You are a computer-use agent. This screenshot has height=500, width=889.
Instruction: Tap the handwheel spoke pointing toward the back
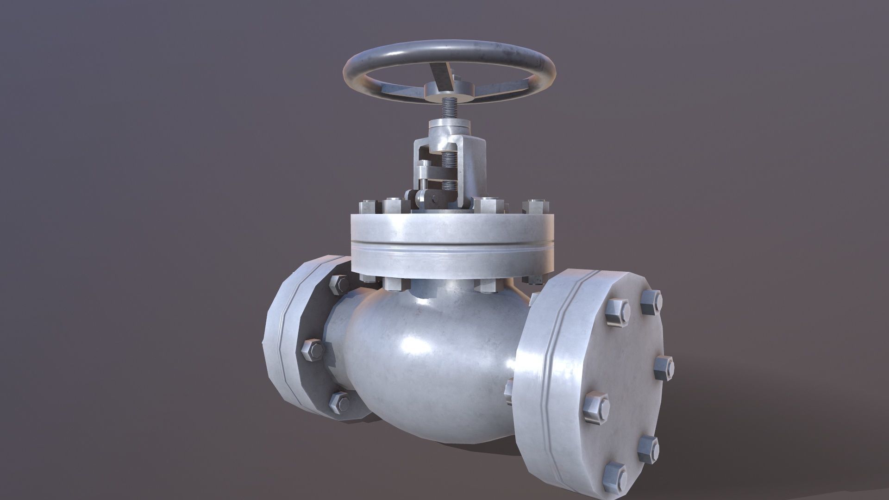[437, 72]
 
